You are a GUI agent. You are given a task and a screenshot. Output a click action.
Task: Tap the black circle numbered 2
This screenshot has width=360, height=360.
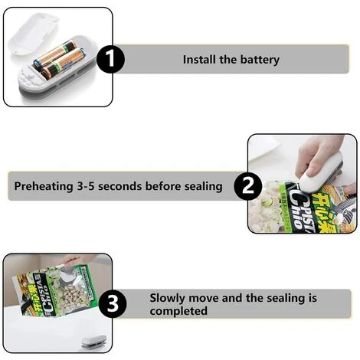(x=247, y=186)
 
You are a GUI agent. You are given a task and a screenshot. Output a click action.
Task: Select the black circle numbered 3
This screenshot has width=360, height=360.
(x=112, y=305)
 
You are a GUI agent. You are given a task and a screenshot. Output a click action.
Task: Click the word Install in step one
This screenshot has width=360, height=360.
(x=199, y=60)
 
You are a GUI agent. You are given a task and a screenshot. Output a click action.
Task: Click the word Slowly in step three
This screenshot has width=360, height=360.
(x=166, y=298)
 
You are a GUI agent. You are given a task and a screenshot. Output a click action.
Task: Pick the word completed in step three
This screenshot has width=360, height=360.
(x=178, y=312)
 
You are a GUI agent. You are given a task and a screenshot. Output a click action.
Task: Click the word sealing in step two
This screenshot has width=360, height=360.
(x=205, y=186)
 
